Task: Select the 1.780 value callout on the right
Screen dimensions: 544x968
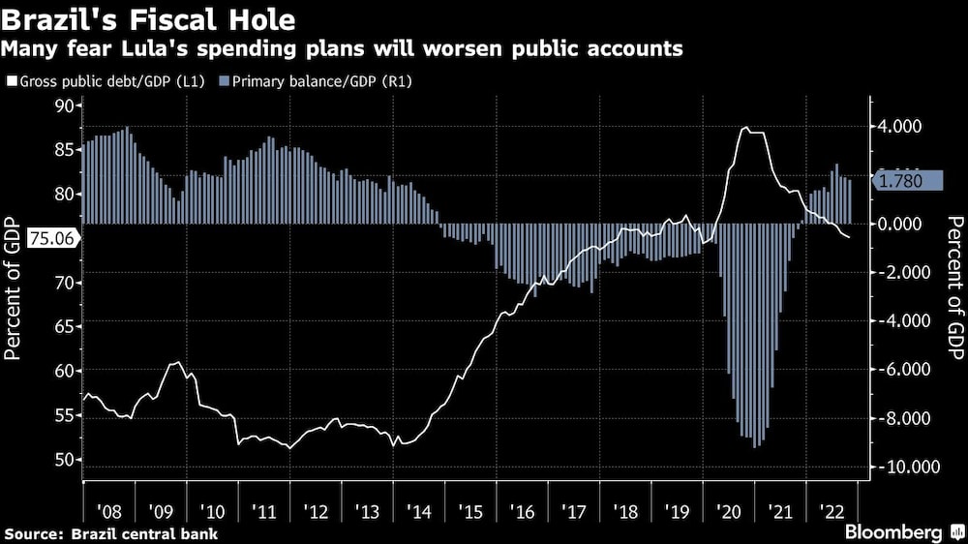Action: coord(908,181)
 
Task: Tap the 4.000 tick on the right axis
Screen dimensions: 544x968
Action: coord(899,126)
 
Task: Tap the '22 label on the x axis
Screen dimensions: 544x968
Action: coord(830,509)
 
